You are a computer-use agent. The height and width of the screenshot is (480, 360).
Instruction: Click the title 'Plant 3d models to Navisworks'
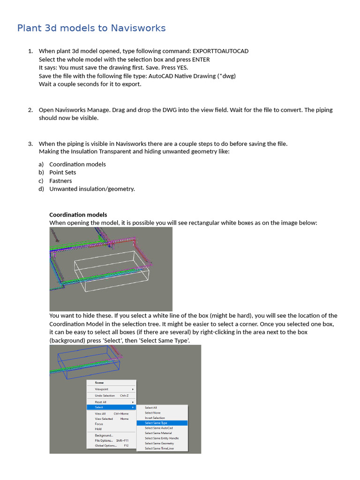91,28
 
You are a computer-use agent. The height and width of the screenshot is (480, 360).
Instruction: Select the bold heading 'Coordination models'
78,215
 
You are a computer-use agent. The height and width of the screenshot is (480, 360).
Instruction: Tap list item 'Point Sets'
62,172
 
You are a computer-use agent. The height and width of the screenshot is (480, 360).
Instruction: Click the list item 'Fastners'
60,181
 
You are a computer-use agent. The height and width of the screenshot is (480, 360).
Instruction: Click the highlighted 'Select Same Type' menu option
156,423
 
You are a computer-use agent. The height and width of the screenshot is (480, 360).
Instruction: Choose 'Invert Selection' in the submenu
155,418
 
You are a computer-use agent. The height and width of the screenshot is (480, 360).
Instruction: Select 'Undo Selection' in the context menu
105,396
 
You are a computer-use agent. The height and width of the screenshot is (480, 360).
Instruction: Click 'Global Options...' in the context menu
106,446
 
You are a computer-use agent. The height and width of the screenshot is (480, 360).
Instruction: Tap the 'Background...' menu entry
104,435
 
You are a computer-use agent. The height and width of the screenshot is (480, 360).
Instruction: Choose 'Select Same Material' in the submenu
158,433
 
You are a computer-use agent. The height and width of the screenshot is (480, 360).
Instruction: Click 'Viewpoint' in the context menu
101,389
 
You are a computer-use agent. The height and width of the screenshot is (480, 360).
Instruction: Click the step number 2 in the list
30,110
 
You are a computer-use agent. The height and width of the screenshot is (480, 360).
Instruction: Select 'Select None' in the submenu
152,412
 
